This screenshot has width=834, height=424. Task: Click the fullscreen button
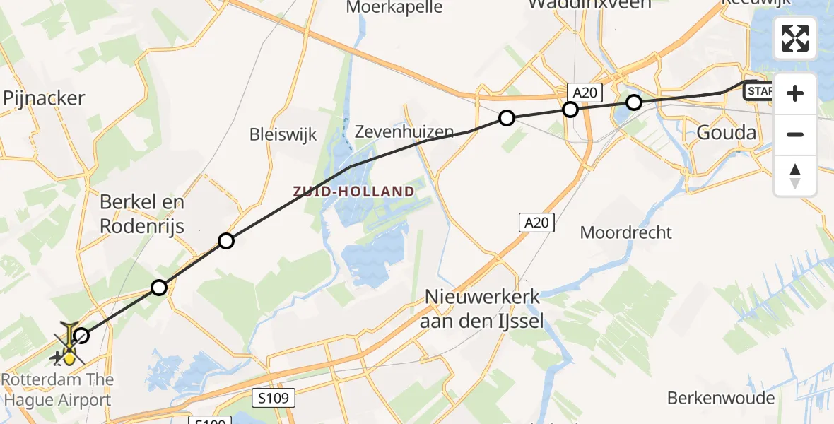(795, 38)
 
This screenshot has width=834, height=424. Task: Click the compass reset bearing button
(795, 176)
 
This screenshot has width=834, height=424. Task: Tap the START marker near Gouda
(758, 91)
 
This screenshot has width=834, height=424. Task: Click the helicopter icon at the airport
(69, 346)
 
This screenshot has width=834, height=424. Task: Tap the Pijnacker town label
(44, 98)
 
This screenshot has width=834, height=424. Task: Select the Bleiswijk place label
(283, 134)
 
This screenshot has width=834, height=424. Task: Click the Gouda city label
(726, 132)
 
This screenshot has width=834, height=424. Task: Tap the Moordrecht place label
(625, 232)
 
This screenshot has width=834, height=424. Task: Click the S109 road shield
(273, 398)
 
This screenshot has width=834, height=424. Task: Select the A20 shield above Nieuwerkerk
(536, 223)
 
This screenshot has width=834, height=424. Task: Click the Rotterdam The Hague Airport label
(57, 389)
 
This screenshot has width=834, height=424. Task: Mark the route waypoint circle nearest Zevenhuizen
(506, 118)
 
